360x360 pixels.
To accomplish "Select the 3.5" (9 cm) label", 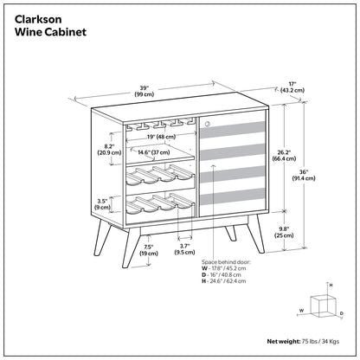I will tap(102, 204).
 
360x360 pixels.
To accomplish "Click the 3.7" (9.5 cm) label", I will tap(183, 250).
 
